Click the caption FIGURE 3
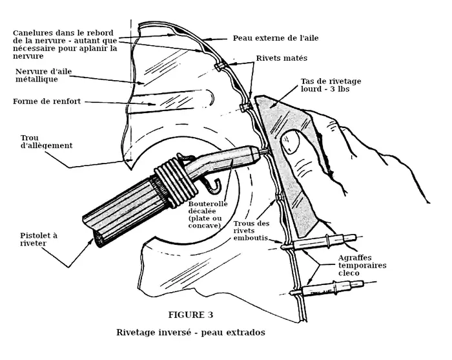[x=190, y=315]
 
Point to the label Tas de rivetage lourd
[x=331, y=85]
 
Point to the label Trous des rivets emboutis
[x=252, y=229]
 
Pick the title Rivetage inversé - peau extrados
[x=190, y=333]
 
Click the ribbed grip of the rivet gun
[x=127, y=207]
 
